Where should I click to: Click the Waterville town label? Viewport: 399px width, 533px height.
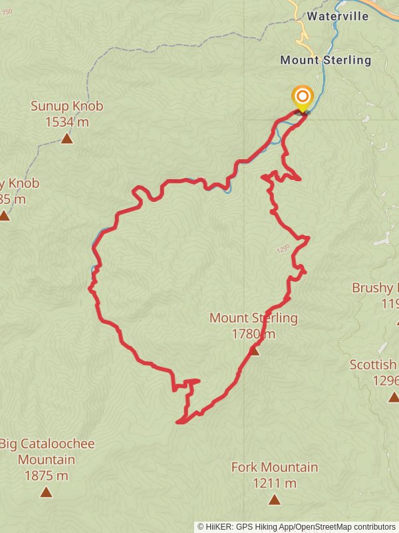[x=337, y=17]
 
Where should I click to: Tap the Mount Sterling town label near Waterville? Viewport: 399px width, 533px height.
[x=325, y=60]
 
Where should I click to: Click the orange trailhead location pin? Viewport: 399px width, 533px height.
[x=303, y=97]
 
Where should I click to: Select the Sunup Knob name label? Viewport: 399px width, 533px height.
[x=66, y=106]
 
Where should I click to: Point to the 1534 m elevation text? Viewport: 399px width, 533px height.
[x=66, y=121]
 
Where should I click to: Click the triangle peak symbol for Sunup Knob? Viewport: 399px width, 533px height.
[x=66, y=139]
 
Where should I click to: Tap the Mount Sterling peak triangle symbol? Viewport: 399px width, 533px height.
[x=254, y=350]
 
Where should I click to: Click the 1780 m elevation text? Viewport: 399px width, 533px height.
[x=253, y=334]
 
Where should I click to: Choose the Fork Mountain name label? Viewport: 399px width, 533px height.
[x=274, y=467]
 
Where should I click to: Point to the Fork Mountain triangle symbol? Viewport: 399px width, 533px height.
[x=274, y=499]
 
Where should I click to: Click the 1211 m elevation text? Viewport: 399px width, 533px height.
[x=274, y=483]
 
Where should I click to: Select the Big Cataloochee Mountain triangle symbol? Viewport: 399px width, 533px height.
[x=46, y=492]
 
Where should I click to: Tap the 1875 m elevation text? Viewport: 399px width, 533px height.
[x=46, y=476]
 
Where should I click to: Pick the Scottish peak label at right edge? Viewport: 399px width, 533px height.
[x=373, y=365]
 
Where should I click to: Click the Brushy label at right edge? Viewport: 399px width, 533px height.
[x=374, y=288]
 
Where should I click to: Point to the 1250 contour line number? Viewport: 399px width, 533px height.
[x=282, y=250]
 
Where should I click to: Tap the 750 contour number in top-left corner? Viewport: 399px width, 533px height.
[x=7, y=12]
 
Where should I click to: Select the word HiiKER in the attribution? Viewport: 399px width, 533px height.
[x=219, y=526]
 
